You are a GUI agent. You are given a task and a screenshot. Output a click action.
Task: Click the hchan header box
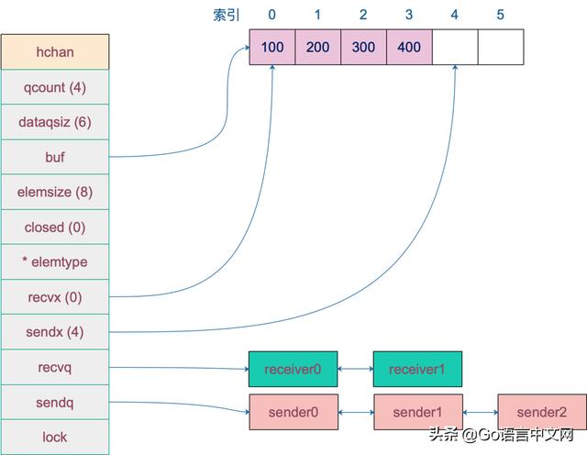(x=55, y=51)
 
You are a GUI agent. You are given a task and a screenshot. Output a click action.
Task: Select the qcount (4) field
(x=55, y=87)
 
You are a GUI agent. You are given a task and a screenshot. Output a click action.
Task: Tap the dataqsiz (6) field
(x=55, y=122)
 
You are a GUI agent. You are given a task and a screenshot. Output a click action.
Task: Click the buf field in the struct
(x=55, y=157)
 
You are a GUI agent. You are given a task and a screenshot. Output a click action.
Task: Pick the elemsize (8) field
(x=55, y=192)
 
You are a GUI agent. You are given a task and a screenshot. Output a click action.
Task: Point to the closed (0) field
(x=55, y=227)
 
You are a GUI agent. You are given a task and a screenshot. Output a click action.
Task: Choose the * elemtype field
(x=55, y=261)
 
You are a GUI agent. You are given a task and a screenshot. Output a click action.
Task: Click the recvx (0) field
(x=55, y=297)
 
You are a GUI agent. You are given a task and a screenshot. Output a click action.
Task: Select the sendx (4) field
(x=55, y=332)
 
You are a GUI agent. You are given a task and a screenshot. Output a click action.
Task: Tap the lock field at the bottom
(x=55, y=437)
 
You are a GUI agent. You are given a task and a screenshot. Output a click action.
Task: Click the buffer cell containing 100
(x=272, y=47)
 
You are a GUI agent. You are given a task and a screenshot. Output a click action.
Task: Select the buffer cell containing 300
(x=363, y=47)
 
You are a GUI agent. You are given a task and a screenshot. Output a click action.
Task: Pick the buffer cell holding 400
(x=409, y=47)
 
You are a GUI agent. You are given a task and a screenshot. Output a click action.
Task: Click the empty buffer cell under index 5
(x=501, y=47)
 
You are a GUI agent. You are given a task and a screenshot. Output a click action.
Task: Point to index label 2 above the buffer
(x=363, y=15)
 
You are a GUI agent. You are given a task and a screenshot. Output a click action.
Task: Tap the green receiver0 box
(x=293, y=370)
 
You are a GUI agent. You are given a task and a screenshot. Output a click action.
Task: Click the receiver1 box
(x=417, y=370)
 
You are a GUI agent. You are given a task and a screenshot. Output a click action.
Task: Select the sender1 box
(x=418, y=412)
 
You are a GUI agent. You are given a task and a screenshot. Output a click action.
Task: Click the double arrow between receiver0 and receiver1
(x=356, y=369)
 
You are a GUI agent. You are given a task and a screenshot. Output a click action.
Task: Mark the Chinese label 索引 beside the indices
(x=227, y=15)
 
